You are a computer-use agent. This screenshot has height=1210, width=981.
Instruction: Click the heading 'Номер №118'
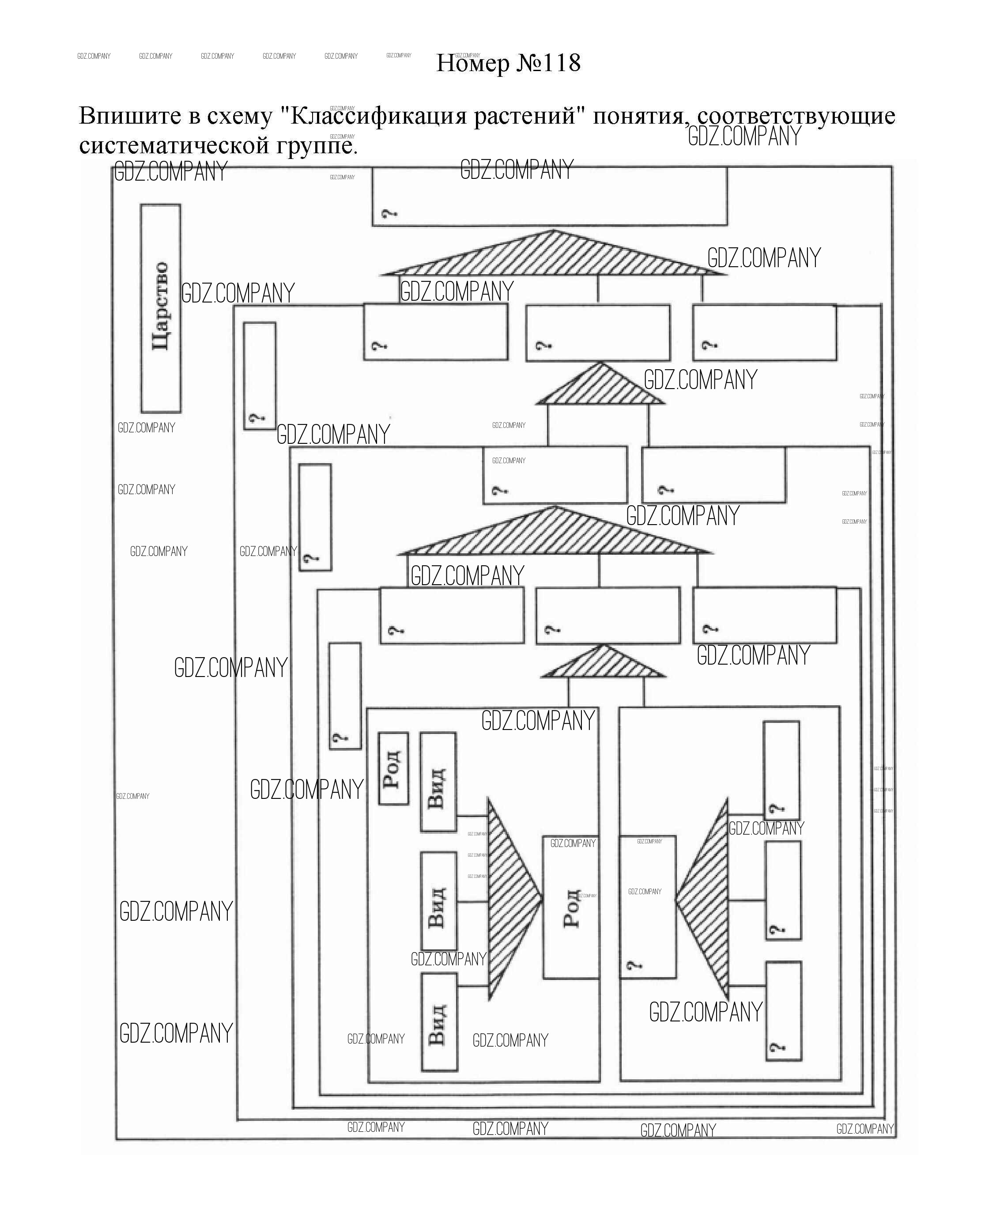click(x=508, y=63)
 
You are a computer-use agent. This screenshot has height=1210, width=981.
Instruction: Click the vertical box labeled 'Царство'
click(x=161, y=307)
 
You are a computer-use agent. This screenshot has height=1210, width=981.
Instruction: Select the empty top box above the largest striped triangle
click(x=549, y=197)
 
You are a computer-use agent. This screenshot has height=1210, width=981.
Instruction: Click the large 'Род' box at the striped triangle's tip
click(x=571, y=907)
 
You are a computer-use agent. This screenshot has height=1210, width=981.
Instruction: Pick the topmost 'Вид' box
click(x=438, y=782)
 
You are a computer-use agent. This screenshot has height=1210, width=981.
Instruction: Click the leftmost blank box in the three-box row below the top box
click(x=435, y=332)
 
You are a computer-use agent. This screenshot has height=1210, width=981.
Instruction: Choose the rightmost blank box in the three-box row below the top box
click(x=765, y=333)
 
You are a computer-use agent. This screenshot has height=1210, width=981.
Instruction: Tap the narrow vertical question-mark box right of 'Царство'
click(x=260, y=376)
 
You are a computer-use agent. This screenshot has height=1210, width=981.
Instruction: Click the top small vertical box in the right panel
click(x=781, y=770)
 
